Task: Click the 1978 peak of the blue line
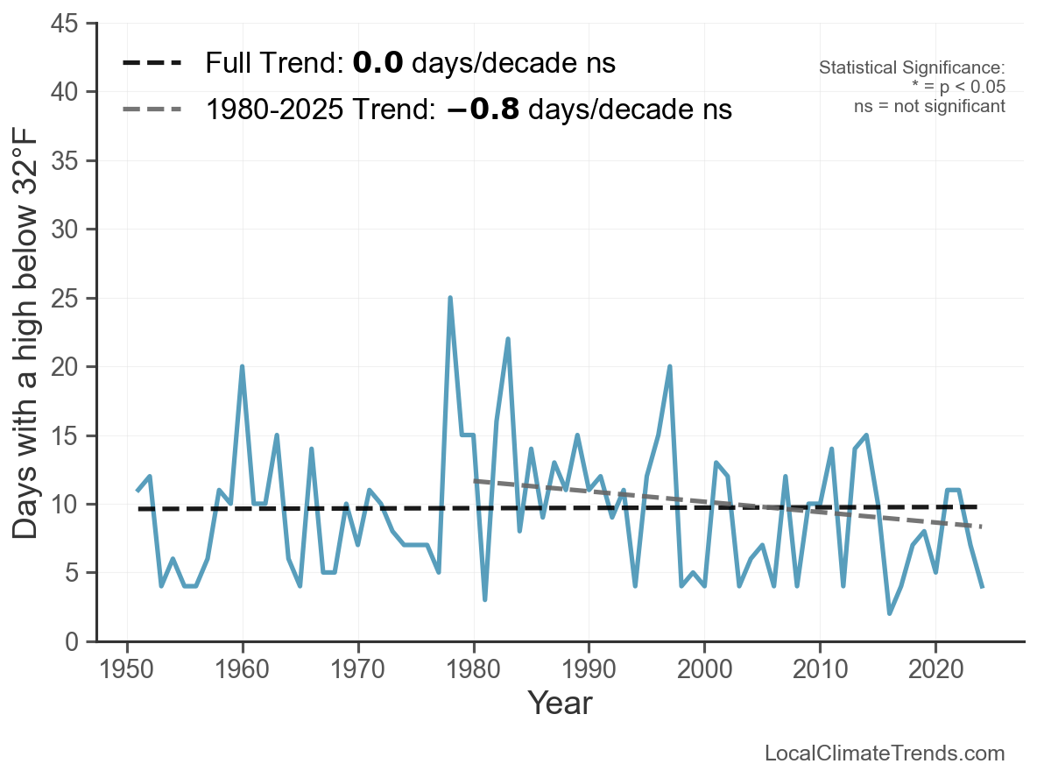coord(450,298)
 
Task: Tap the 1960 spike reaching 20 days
coord(242,367)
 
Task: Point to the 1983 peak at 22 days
coord(508,339)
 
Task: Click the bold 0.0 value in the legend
coord(377,63)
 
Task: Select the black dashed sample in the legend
coord(152,63)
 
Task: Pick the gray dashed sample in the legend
coord(152,110)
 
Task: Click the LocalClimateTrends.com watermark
coord(885,753)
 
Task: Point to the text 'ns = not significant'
coord(929,106)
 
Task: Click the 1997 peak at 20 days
coord(670,367)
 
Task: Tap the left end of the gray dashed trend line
coord(475,480)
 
